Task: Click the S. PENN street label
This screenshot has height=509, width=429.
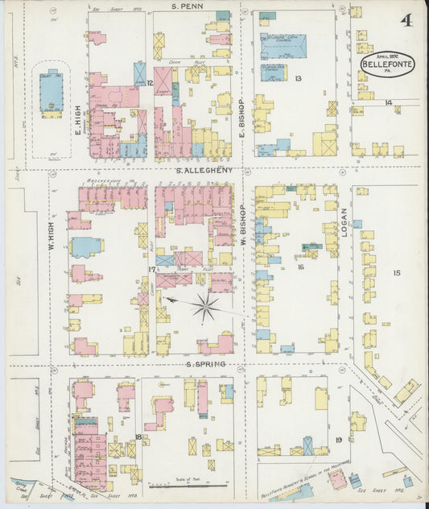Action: pyautogui.click(x=187, y=6)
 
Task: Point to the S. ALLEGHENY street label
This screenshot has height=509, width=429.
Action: pyautogui.click(x=205, y=170)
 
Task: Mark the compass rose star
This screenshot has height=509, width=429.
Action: pyautogui.click(x=206, y=306)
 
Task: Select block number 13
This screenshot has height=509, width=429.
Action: pyautogui.click(x=298, y=78)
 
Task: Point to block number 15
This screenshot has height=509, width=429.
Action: pyautogui.click(x=396, y=274)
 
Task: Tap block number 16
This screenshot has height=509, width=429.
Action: pyautogui.click(x=299, y=267)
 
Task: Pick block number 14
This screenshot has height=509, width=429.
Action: pyautogui.click(x=388, y=102)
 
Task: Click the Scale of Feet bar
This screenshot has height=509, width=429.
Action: pyautogui.click(x=177, y=486)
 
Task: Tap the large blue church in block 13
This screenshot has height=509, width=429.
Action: pyautogui.click(x=283, y=46)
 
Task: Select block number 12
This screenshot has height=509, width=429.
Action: pyautogui.click(x=150, y=82)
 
